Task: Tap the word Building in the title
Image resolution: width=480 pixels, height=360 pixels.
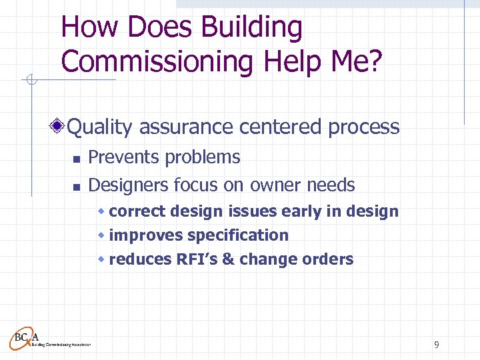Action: (252, 28)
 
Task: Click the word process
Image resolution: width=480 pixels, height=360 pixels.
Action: (363, 127)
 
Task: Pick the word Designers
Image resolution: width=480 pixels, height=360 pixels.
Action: (128, 185)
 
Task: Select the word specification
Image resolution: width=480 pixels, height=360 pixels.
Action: (238, 235)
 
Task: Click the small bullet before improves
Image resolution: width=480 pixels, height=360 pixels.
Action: (101, 235)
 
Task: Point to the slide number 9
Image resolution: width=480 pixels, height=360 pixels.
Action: (436, 345)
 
